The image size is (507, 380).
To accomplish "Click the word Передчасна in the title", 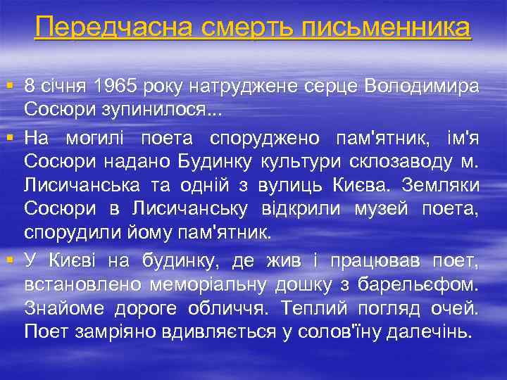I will tap(112, 27).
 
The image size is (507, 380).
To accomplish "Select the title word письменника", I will tap(387, 27).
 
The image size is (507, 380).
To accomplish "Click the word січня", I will tap(65, 87).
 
